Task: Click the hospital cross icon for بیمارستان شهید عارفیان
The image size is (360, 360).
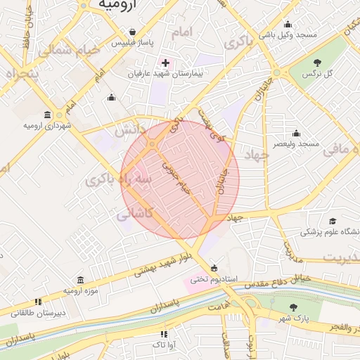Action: point(165,63)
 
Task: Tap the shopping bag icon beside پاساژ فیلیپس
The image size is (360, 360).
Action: point(133,32)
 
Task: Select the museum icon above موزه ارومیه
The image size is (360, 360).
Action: point(80,280)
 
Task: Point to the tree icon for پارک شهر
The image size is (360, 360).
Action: point(293,307)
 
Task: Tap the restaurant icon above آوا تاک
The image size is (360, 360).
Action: point(163,334)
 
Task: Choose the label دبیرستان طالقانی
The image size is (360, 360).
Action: point(41,311)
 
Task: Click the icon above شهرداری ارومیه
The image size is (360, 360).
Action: point(47,115)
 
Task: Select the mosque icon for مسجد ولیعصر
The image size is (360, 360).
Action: point(296,133)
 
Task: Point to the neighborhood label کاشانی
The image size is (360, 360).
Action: point(134,213)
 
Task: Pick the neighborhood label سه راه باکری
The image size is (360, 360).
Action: point(119,180)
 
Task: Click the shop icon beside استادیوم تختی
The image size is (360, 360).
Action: point(214,268)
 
